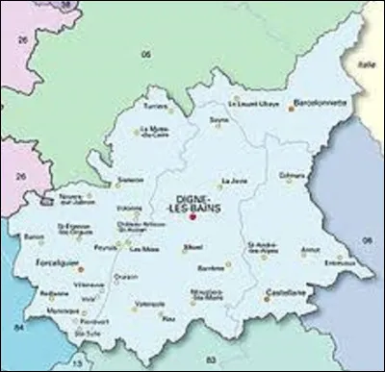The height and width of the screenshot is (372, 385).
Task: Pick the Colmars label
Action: click(291, 175)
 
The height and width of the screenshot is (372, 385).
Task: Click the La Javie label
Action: click(233, 180)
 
